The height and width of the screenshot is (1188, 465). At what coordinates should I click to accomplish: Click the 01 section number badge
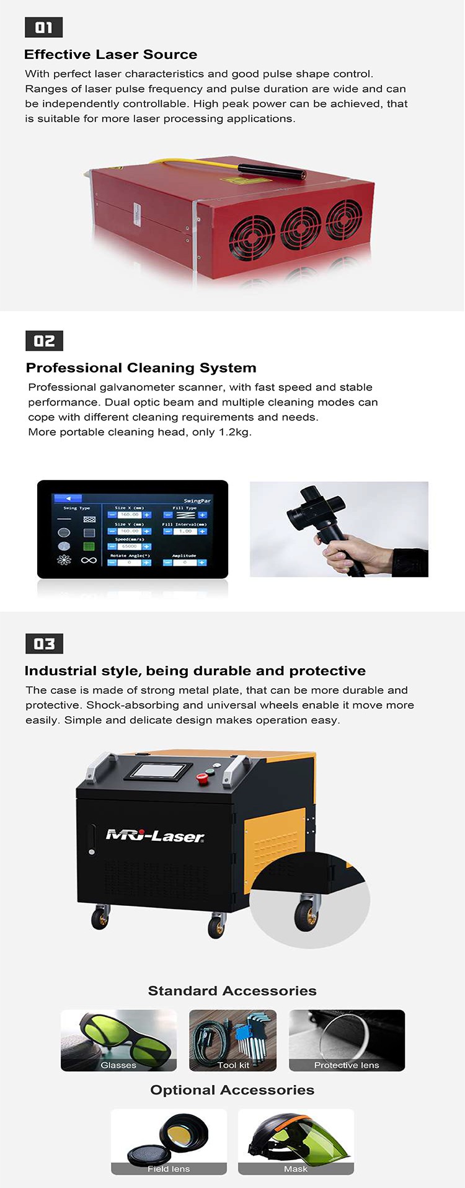pos(43,27)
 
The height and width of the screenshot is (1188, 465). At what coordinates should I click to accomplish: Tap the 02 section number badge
pos(44,340)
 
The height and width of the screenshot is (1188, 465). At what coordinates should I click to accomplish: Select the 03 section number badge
pos(44,644)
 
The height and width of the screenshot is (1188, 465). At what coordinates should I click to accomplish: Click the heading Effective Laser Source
pos(110,55)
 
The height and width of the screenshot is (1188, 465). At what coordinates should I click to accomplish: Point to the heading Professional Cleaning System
pos(141,368)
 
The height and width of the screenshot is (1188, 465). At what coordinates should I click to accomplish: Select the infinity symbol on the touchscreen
pos(89,561)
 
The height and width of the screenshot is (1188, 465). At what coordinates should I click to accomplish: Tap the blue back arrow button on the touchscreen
pos(68,498)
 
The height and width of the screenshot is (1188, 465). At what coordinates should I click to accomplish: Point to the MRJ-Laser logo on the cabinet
pos(155,836)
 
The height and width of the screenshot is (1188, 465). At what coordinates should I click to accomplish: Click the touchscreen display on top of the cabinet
pos(156,771)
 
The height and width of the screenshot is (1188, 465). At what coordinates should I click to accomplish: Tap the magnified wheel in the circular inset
pos(306,913)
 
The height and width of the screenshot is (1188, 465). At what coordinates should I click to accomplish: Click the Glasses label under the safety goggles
pos(118,1065)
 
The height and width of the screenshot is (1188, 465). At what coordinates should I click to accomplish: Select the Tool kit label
pos(233,1065)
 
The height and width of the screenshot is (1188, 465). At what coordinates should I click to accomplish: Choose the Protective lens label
pos(347,1065)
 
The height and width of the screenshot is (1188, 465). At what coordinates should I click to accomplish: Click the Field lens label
pos(169,1168)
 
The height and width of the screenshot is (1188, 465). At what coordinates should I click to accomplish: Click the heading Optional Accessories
pos(232,1089)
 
